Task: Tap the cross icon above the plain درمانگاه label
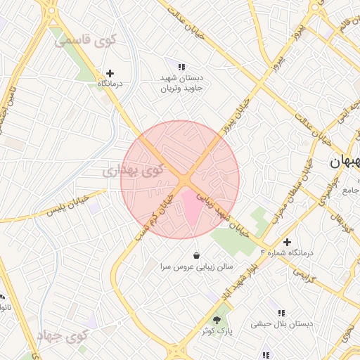pyautogui.click(x=110, y=72)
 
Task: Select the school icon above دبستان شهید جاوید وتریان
pyautogui.click(x=181, y=67)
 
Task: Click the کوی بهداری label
pyautogui.click(x=131, y=170)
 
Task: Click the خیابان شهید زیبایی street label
pyautogui.click(x=224, y=213)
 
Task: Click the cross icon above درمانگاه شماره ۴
pyautogui.click(x=287, y=242)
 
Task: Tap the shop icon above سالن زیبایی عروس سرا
pyautogui.click(x=195, y=255)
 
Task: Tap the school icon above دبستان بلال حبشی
pyautogui.click(x=281, y=313)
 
